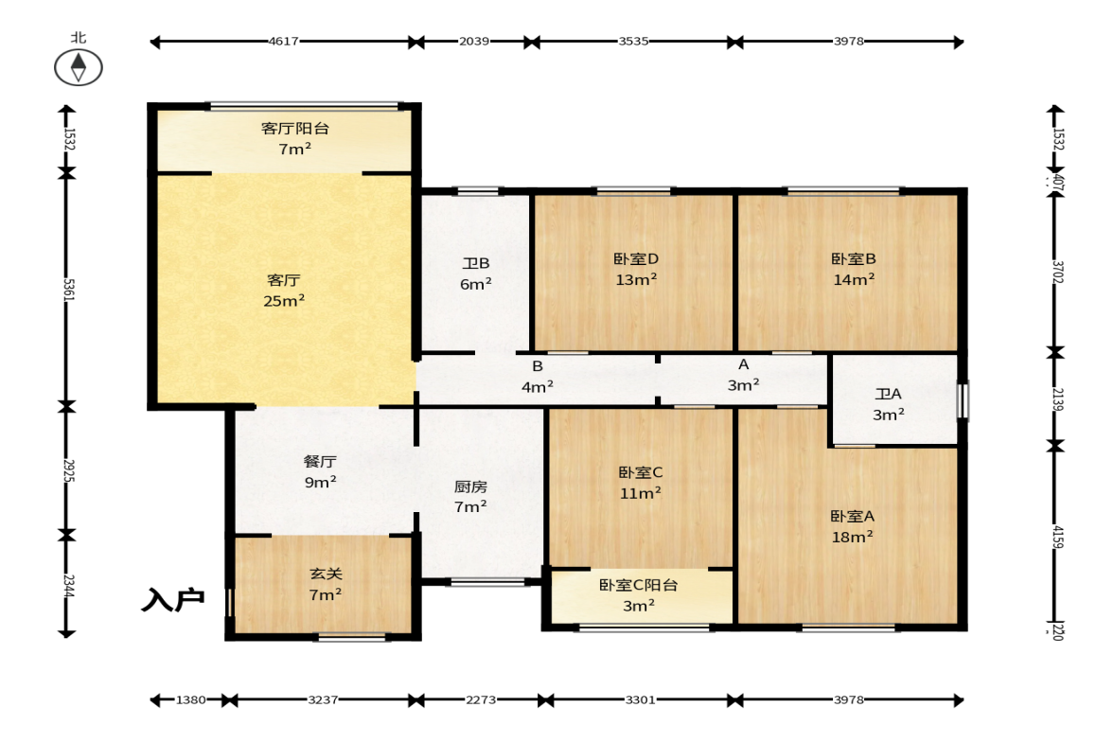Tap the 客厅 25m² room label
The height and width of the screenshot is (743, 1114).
[x=284, y=291]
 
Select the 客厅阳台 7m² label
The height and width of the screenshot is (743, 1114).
[x=295, y=138]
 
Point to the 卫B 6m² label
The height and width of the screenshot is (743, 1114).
[x=476, y=274]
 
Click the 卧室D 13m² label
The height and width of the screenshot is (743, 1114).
[x=636, y=269]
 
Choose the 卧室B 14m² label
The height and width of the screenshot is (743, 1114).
[x=854, y=269]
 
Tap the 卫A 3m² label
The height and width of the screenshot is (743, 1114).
[x=888, y=404]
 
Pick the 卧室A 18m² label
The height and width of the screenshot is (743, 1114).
[x=853, y=526]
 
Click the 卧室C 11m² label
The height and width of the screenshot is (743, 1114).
[x=640, y=483]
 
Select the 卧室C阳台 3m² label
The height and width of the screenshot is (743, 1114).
[x=639, y=595]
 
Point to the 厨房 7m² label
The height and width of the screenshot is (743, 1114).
[x=470, y=497]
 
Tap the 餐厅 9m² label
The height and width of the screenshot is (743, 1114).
[x=321, y=471]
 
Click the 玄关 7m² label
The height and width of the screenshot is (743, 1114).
[x=326, y=584]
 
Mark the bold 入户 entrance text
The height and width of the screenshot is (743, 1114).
[x=173, y=600]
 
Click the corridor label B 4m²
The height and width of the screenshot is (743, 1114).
[x=537, y=377]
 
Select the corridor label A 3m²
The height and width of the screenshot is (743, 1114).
[x=743, y=375]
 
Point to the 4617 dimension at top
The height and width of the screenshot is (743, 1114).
[x=284, y=42]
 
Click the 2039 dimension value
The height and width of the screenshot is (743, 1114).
[x=474, y=42]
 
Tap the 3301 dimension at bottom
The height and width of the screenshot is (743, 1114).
[x=640, y=699]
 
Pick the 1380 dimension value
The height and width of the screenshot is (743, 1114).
[x=191, y=699]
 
